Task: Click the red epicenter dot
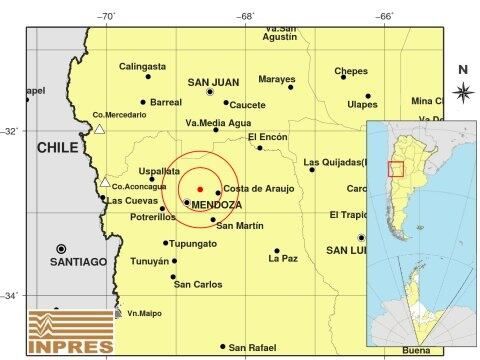(x=200, y=188)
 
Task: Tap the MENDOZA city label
(x=216, y=204)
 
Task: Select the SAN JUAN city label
(x=212, y=82)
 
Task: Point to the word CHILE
(x=57, y=147)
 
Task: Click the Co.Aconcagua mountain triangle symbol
(x=104, y=182)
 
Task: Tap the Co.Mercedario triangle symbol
(x=99, y=128)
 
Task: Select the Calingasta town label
(x=141, y=66)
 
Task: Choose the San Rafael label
(x=251, y=347)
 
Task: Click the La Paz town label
(x=283, y=259)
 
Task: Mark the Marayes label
(x=277, y=79)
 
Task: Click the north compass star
(x=462, y=92)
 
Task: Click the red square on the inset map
(x=396, y=169)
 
